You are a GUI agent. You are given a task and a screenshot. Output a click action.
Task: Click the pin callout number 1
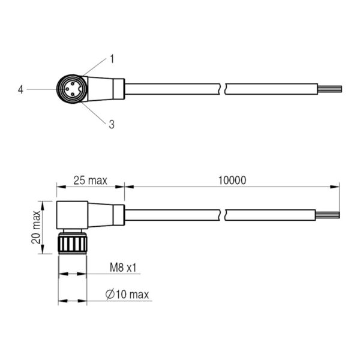112,59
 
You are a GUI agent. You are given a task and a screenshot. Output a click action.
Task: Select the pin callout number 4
20,89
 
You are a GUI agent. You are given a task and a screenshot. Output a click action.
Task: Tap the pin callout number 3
112,124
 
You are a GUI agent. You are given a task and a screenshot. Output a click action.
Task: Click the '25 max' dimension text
90,181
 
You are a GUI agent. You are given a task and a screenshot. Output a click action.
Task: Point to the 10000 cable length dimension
232,181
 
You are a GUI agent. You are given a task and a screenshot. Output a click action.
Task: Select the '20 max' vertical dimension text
36,227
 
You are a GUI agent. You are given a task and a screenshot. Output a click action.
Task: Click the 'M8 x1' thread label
123,268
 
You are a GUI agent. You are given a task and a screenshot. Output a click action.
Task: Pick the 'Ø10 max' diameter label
127,295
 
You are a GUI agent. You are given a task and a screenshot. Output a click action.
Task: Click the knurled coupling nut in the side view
73,243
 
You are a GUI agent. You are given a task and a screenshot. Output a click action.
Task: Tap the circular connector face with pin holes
71,89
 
